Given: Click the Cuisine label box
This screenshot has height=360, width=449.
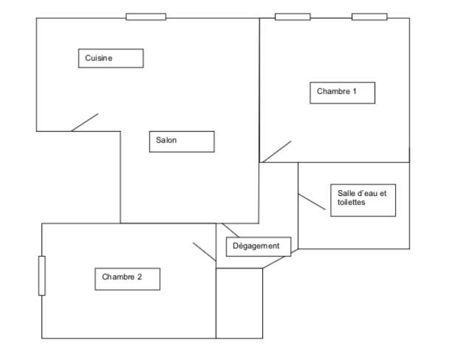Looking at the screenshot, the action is click(111, 58).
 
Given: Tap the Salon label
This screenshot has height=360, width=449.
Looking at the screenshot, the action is click(182, 142).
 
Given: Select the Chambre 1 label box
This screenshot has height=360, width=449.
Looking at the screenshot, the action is click(343, 93).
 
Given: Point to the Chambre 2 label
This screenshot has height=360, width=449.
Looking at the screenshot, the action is click(128, 279).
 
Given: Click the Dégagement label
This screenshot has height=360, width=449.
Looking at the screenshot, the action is click(258, 246).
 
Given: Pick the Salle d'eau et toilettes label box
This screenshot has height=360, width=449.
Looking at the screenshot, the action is click(363, 200).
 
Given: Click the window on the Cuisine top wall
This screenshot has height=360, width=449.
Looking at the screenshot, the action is click(146, 16).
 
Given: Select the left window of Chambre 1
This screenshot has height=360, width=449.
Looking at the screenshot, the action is click(292, 16).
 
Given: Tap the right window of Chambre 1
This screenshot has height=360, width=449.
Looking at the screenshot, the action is click(369, 16).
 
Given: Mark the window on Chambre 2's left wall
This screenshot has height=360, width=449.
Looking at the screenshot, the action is click(42, 276).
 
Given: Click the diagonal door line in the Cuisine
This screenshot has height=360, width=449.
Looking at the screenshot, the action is click(85, 123).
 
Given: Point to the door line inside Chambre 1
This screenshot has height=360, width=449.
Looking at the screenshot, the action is click(277, 152).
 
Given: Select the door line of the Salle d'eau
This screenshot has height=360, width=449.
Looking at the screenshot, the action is click(312, 202).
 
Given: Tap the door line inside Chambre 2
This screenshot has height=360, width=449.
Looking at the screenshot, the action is click(204, 252).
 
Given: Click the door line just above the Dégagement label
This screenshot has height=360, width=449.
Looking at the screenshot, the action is click(230, 230).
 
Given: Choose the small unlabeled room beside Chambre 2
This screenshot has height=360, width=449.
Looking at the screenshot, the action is click(239, 303).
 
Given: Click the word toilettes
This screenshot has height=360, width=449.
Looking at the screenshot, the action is click(351, 203).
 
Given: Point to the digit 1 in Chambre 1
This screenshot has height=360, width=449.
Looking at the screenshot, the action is click(354, 92).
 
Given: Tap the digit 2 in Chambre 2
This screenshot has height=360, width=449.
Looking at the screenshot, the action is click(140, 276).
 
